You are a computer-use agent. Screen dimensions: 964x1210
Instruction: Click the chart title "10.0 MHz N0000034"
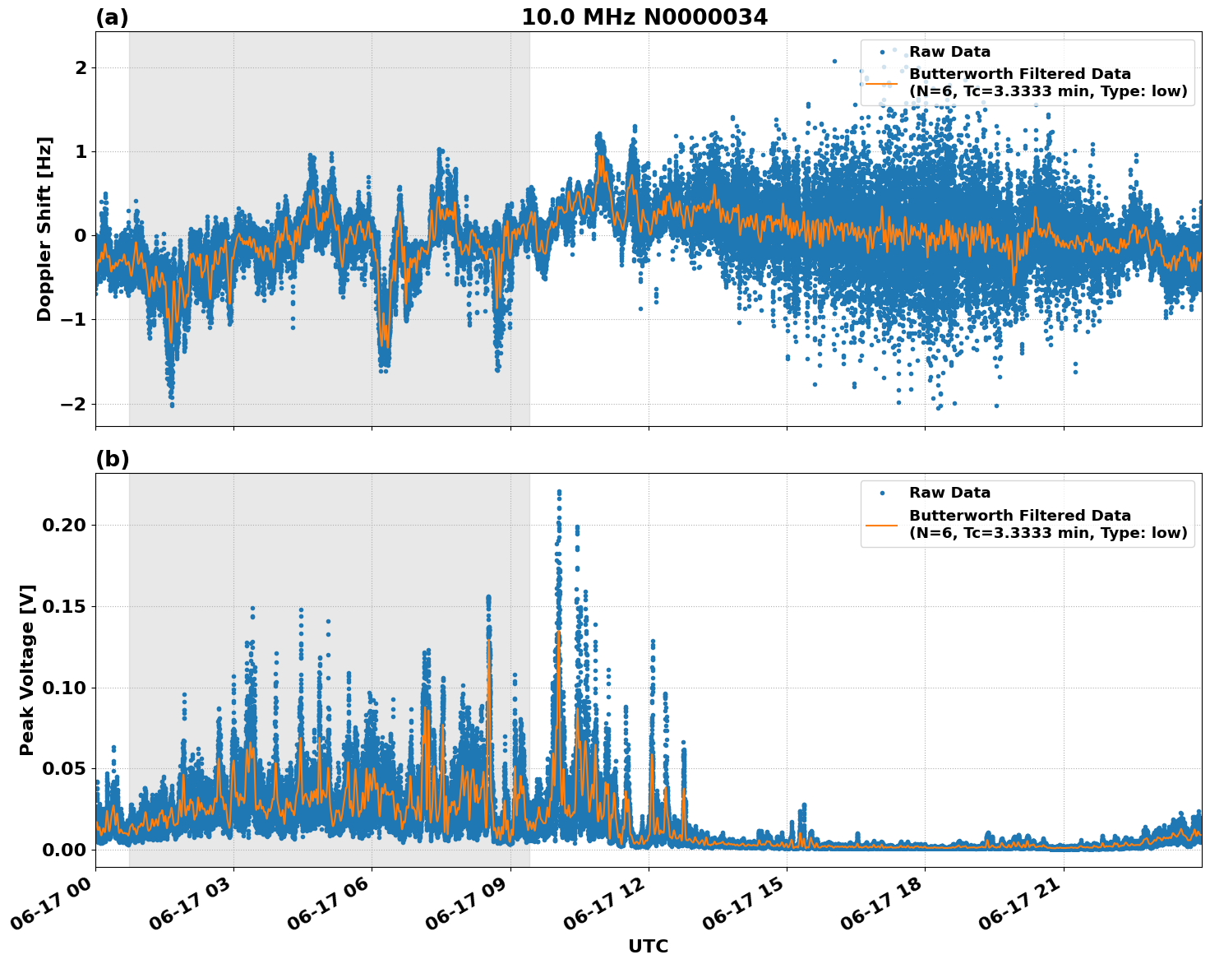[x=644, y=17]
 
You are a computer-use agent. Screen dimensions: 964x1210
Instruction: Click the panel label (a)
[x=112, y=17]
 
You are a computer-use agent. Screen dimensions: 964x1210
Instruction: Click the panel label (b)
[x=112, y=459]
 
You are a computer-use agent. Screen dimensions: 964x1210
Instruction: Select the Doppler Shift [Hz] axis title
[x=44, y=229]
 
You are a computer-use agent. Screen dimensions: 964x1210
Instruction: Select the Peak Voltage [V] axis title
[x=27, y=670]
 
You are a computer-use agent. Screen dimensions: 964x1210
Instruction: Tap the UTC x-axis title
[x=648, y=946]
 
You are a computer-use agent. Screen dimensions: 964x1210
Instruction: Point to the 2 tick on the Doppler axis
[x=81, y=67]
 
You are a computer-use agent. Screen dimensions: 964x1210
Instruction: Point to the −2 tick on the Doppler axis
[x=74, y=404]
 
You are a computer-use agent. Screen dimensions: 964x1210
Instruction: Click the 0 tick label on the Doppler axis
[x=81, y=236]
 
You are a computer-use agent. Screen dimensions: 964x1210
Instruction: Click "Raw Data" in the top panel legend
[x=949, y=52]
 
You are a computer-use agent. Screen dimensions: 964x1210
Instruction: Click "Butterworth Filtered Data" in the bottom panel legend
[x=1019, y=516]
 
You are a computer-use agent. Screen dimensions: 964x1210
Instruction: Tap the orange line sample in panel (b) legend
[x=882, y=524]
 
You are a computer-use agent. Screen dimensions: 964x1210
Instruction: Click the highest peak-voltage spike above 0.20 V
[x=559, y=492]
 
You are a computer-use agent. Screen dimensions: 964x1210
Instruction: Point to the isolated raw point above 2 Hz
[x=834, y=61]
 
